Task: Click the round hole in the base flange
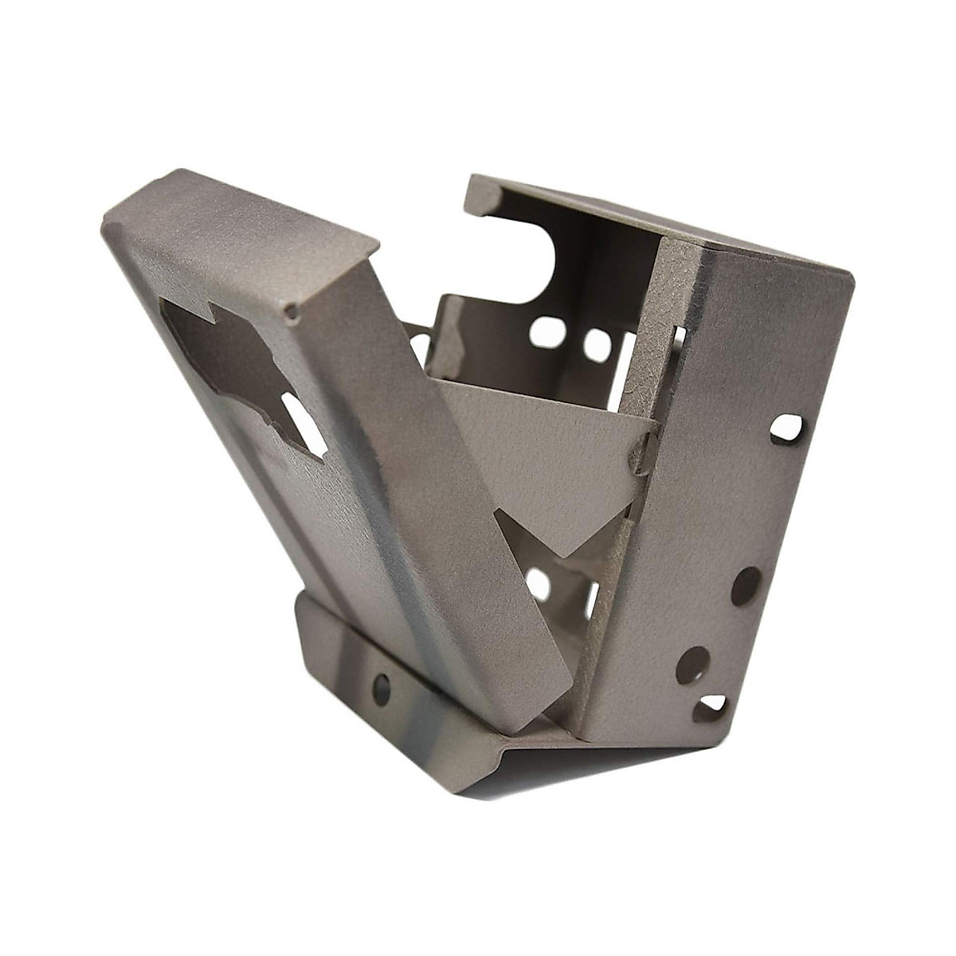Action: tap(382, 687)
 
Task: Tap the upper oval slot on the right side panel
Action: tap(786, 428)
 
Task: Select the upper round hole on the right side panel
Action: tap(746, 586)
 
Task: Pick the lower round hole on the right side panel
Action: tap(692, 664)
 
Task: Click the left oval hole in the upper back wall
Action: tap(545, 331)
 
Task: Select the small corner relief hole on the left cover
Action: tap(293, 312)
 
